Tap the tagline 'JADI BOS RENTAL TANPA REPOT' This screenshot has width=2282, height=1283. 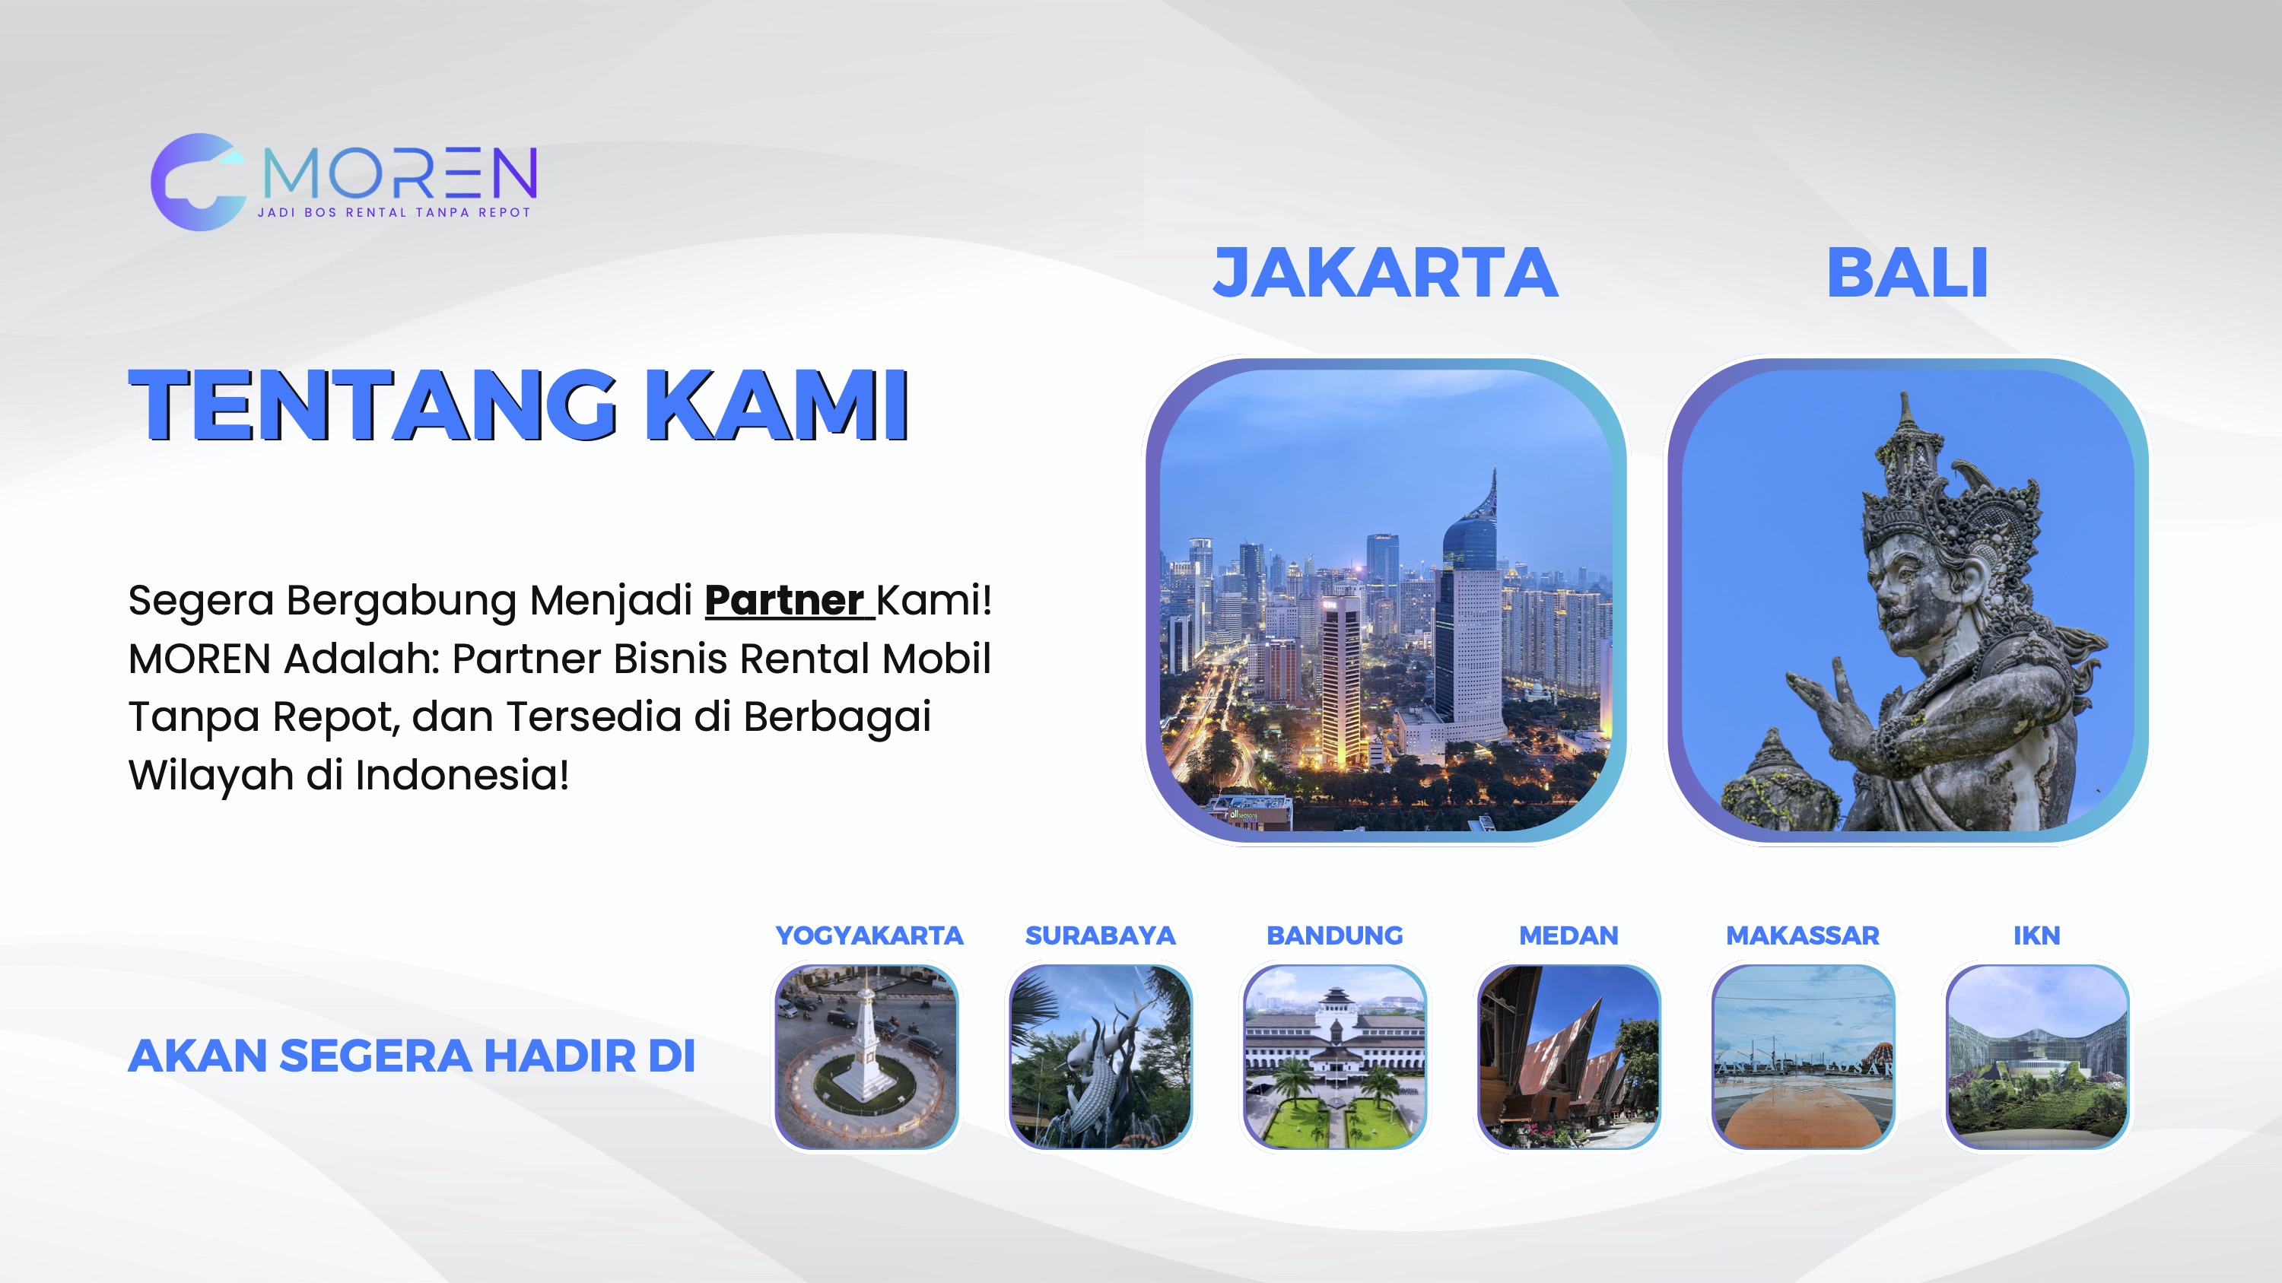click(x=394, y=212)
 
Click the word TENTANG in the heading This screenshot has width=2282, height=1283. click(x=373, y=405)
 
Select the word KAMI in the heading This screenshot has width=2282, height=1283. click(x=777, y=405)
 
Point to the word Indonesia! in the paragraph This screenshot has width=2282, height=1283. click(x=462, y=775)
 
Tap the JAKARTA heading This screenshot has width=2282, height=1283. click(x=1385, y=273)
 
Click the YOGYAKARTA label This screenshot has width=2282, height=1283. click(x=869, y=936)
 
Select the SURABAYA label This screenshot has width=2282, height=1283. click(x=1100, y=936)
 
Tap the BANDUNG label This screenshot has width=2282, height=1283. click(x=1335, y=936)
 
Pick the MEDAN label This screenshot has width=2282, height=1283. click(x=1568, y=936)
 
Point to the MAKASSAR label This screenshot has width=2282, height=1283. click(x=1803, y=936)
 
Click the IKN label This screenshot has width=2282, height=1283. click(x=2036, y=936)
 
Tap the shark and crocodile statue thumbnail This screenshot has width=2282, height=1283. click(x=1100, y=1057)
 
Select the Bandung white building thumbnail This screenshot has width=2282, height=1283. click(x=1335, y=1057)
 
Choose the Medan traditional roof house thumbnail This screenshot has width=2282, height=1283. click(x=1568, y=1057)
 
